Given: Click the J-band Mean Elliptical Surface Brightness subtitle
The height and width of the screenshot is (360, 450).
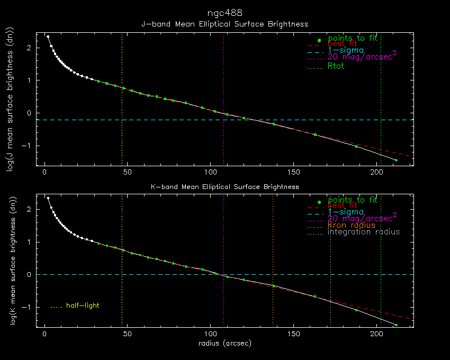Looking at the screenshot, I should point(224,24).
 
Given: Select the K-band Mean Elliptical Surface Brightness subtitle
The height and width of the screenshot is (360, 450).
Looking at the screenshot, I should point(224,186).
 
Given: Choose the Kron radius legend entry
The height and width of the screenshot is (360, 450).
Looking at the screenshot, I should point(351,225).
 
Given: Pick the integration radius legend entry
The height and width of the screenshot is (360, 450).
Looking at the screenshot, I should point(364,232).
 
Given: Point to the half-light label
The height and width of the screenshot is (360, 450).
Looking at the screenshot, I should point(83,305).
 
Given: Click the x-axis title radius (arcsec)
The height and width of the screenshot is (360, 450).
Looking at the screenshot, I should point(224,344).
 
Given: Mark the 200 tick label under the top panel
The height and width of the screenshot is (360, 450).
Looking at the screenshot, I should point(376,172).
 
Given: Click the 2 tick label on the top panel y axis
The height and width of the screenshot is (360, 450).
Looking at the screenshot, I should point(30,48).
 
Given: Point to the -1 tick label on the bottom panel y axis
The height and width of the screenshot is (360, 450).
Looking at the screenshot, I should point(28,307).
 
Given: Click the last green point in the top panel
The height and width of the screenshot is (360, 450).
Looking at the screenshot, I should point(396,160).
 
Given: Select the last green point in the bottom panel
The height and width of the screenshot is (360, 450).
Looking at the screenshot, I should point(396,325).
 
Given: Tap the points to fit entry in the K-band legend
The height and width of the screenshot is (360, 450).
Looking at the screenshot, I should point(352,200).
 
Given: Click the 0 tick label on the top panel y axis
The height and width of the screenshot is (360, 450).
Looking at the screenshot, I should point(30,113).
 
